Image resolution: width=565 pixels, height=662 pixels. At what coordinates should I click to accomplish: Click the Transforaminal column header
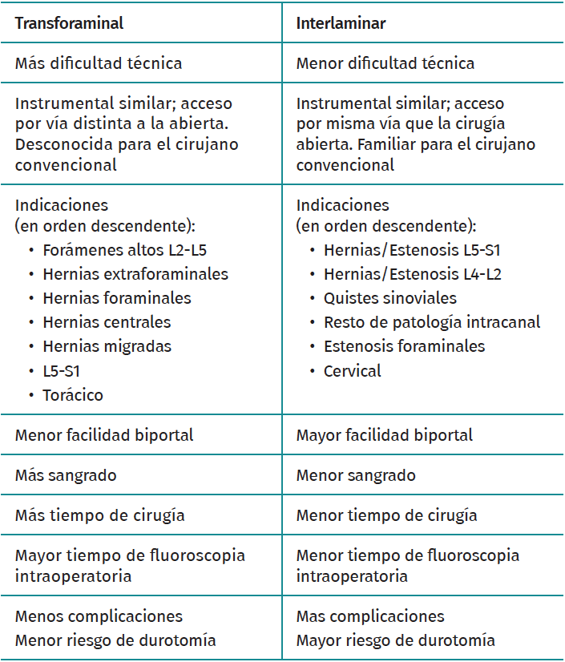[69, 23]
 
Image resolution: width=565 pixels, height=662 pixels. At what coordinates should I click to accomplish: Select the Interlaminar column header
[341, 23]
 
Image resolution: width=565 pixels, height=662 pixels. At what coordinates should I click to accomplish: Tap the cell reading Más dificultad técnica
[99, 63]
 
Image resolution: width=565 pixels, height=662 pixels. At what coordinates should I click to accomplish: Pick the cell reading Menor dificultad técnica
[385, 63]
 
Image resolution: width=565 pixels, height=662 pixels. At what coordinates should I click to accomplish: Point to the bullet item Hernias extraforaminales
[135, 274]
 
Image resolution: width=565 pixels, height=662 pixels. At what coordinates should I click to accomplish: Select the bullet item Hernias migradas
[107, 346]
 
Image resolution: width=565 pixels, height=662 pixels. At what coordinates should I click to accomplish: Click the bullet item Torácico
[73, 394]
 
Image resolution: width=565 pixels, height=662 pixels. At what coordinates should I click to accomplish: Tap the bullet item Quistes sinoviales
[389, 298]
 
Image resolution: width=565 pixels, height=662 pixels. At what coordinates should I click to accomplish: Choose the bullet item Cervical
[352, 370]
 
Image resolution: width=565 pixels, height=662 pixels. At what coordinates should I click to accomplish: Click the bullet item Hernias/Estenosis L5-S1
[412, 250]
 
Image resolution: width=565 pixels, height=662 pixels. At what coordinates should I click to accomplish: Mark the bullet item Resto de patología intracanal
[432, 322]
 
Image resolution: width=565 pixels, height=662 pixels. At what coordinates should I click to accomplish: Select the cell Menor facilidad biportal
[104, 435]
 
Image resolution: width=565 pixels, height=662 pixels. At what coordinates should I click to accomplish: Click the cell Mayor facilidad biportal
[384, 435]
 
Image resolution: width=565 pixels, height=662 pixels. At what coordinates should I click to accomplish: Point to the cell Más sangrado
[66, 475]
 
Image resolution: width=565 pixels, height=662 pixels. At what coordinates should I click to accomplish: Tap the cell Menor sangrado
[356, 475]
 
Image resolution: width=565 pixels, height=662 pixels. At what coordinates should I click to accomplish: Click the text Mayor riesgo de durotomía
[395, 640]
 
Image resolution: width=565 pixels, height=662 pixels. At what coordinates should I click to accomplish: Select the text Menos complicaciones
[99, 616]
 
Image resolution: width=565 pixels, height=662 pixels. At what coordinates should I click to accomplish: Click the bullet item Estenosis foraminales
[404, 346]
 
